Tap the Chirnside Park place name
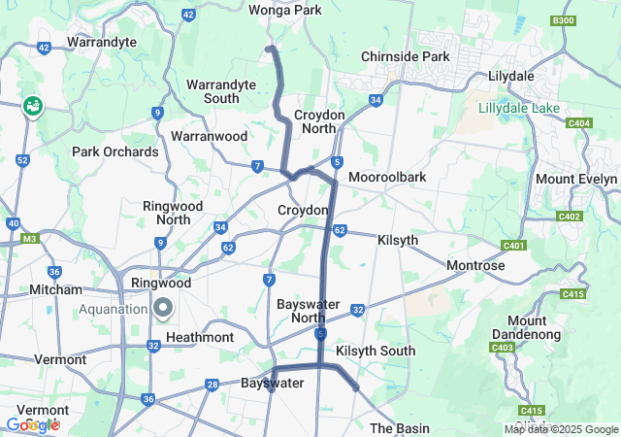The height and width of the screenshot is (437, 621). point(406,56)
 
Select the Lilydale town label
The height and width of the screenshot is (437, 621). point(511,76)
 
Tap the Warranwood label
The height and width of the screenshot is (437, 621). point(209,137)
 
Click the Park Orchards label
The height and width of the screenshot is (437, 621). point(115,151)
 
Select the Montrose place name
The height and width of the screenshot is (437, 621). point(475,265)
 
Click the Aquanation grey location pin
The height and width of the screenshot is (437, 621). point(163,309)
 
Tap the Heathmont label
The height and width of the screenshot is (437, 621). point(200,337)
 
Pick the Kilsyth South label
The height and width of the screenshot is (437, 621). point(376,351)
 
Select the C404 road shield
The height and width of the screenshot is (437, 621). point(579,123)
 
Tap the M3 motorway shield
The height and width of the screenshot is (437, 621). point(29,238)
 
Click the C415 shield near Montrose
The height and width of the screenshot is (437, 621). point(572,294)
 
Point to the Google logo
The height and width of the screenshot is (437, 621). point(31,424)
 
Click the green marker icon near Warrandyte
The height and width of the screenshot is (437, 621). point(33,106)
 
